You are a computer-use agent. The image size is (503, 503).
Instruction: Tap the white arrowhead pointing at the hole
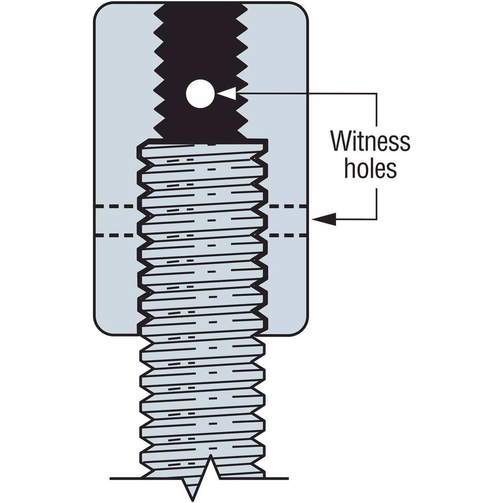click(227, 94)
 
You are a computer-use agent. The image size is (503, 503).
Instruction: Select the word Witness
click(370, 142)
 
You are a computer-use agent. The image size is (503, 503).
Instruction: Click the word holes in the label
click(370, 169)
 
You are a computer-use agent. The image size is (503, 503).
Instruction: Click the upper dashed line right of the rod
click(288, 206)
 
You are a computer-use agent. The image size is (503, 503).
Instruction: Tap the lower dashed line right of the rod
click(288, 235)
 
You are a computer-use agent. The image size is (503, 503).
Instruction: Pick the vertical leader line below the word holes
click(376, 203)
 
